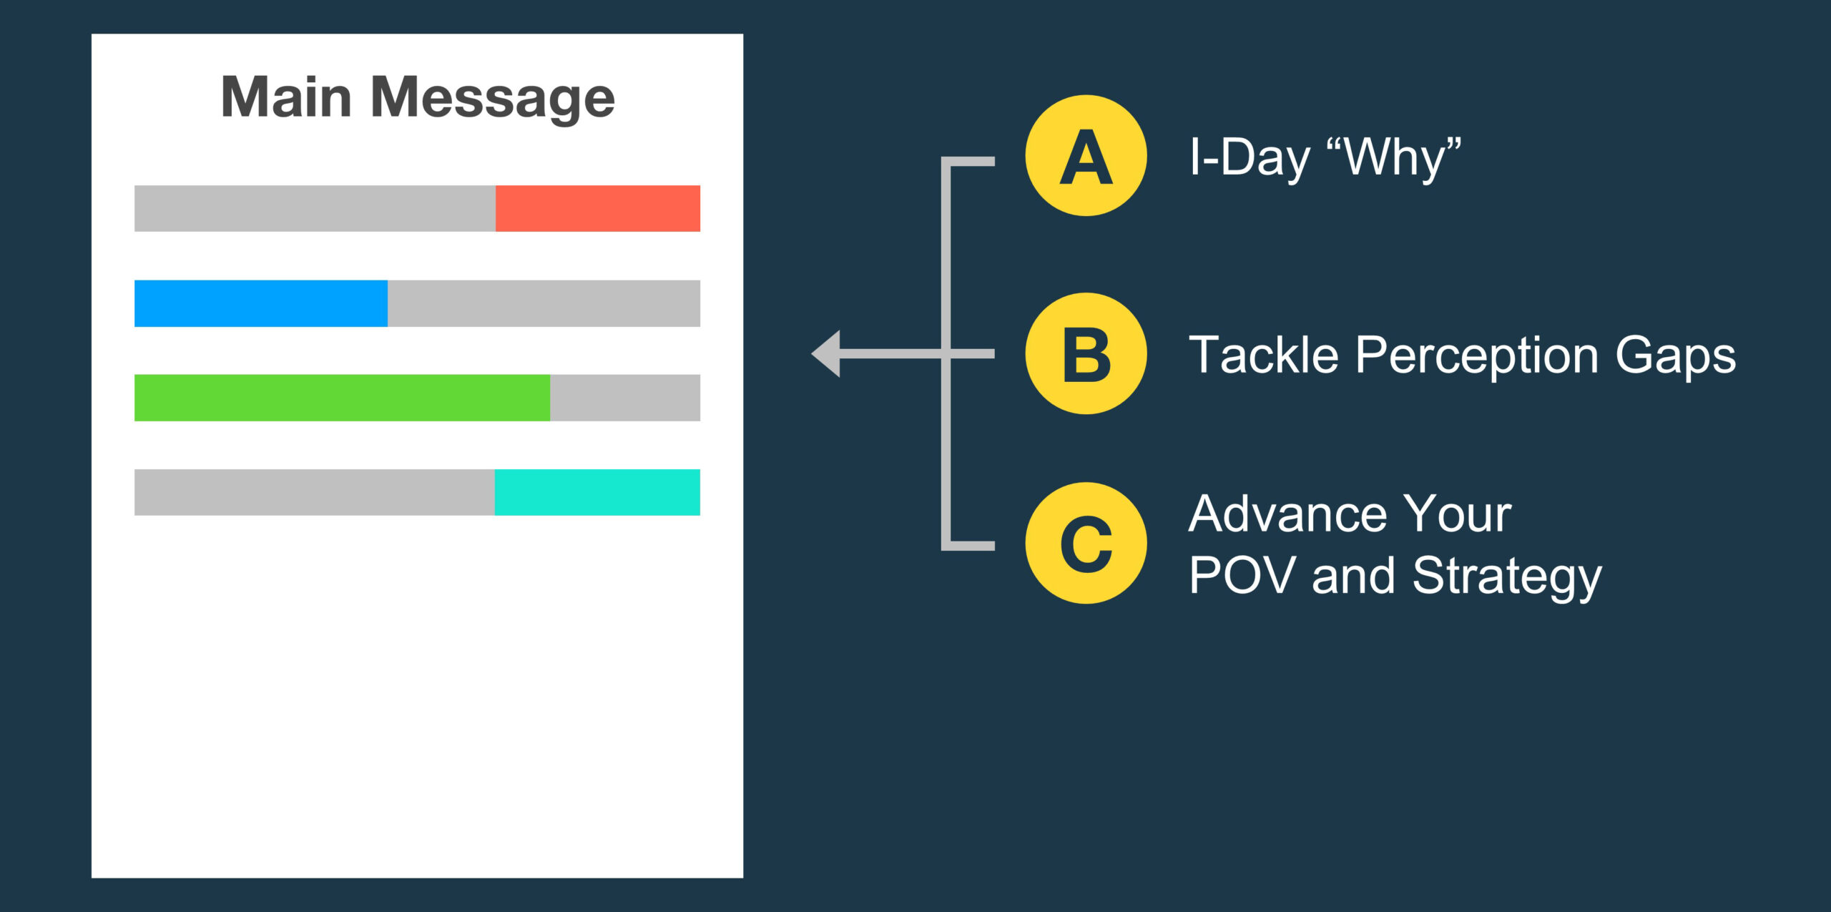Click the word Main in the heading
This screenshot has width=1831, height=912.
click(286, 97)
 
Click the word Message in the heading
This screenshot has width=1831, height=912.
click(493, 98)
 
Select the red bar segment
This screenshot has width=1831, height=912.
click(598, 208)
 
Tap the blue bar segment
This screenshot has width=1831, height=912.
click(261, 303)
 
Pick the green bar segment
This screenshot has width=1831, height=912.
click(343, 398)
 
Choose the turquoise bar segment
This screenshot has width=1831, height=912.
click(597, 492)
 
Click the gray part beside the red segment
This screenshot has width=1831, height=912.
click(315, 208)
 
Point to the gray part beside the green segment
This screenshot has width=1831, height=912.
click(625, 398)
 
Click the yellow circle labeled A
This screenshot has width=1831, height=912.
click(1086, 155)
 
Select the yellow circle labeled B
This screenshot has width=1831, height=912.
click(1086, 353)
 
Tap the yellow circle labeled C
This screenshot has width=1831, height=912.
click(1086, 543)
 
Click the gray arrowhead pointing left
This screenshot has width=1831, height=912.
click(826, 353)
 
